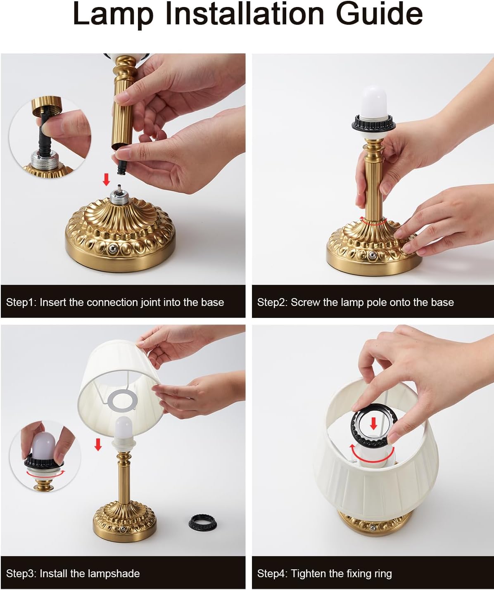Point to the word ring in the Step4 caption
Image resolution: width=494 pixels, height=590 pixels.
(382, 573)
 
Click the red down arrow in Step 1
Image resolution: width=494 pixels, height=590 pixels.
(106, 180)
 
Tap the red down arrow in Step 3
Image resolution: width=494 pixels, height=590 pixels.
(98, 445)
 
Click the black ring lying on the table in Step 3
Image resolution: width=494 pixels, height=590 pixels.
(201, 522)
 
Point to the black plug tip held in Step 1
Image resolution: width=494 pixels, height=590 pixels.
(121, 167)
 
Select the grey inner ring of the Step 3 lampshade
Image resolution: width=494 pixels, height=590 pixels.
(122, 402)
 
